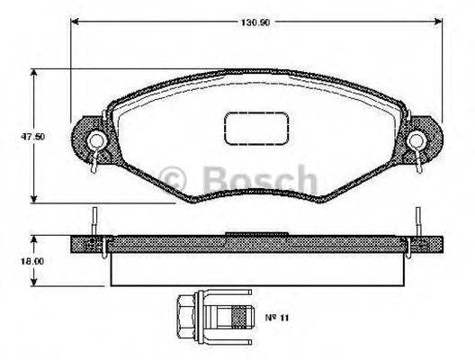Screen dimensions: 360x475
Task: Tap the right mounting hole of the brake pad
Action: [417, 139]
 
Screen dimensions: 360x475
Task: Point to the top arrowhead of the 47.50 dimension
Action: [34, 73]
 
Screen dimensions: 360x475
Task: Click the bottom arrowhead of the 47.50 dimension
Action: [34, 198]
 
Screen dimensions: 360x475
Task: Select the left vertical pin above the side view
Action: [94, 220]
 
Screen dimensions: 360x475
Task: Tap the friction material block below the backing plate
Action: [256, 267]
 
